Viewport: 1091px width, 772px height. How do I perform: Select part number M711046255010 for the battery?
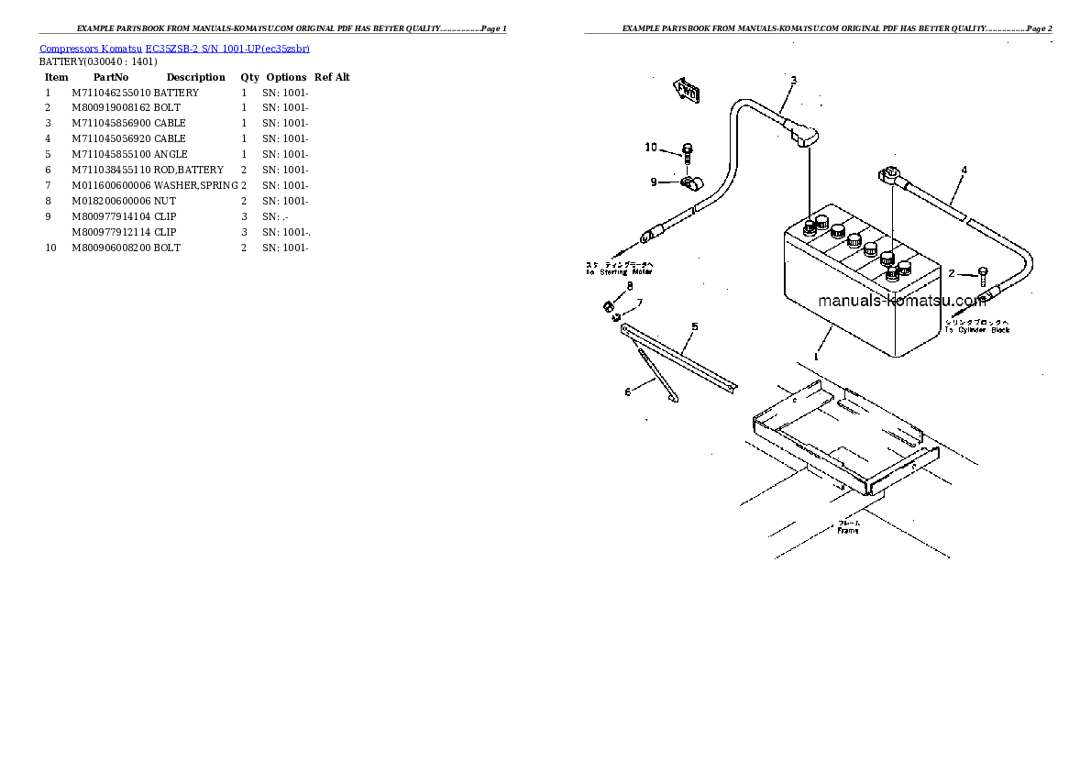(x=111, y=93)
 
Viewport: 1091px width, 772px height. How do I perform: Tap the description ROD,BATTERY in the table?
(x=189, y=170)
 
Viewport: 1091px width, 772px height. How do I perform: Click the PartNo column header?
(x=111, y=78)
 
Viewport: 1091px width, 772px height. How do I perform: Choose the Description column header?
(x=195, y=78)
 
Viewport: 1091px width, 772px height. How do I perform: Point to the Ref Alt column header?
(x=332, y=78)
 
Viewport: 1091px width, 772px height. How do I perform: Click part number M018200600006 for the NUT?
(x=111, y=201)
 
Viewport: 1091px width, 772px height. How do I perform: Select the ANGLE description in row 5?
(x=171, y=154)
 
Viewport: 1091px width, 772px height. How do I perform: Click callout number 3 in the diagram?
(x=794, y=81)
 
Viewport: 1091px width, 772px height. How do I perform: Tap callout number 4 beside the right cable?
(x=964, y=171)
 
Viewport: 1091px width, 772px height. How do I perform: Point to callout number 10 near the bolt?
(x=651, y=148)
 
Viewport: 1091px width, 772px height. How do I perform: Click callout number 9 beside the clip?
(x=654, y=182)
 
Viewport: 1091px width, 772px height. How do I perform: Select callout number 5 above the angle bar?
(x=694, y=326)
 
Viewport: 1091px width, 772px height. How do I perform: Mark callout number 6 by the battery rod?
(x=628, y=392)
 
